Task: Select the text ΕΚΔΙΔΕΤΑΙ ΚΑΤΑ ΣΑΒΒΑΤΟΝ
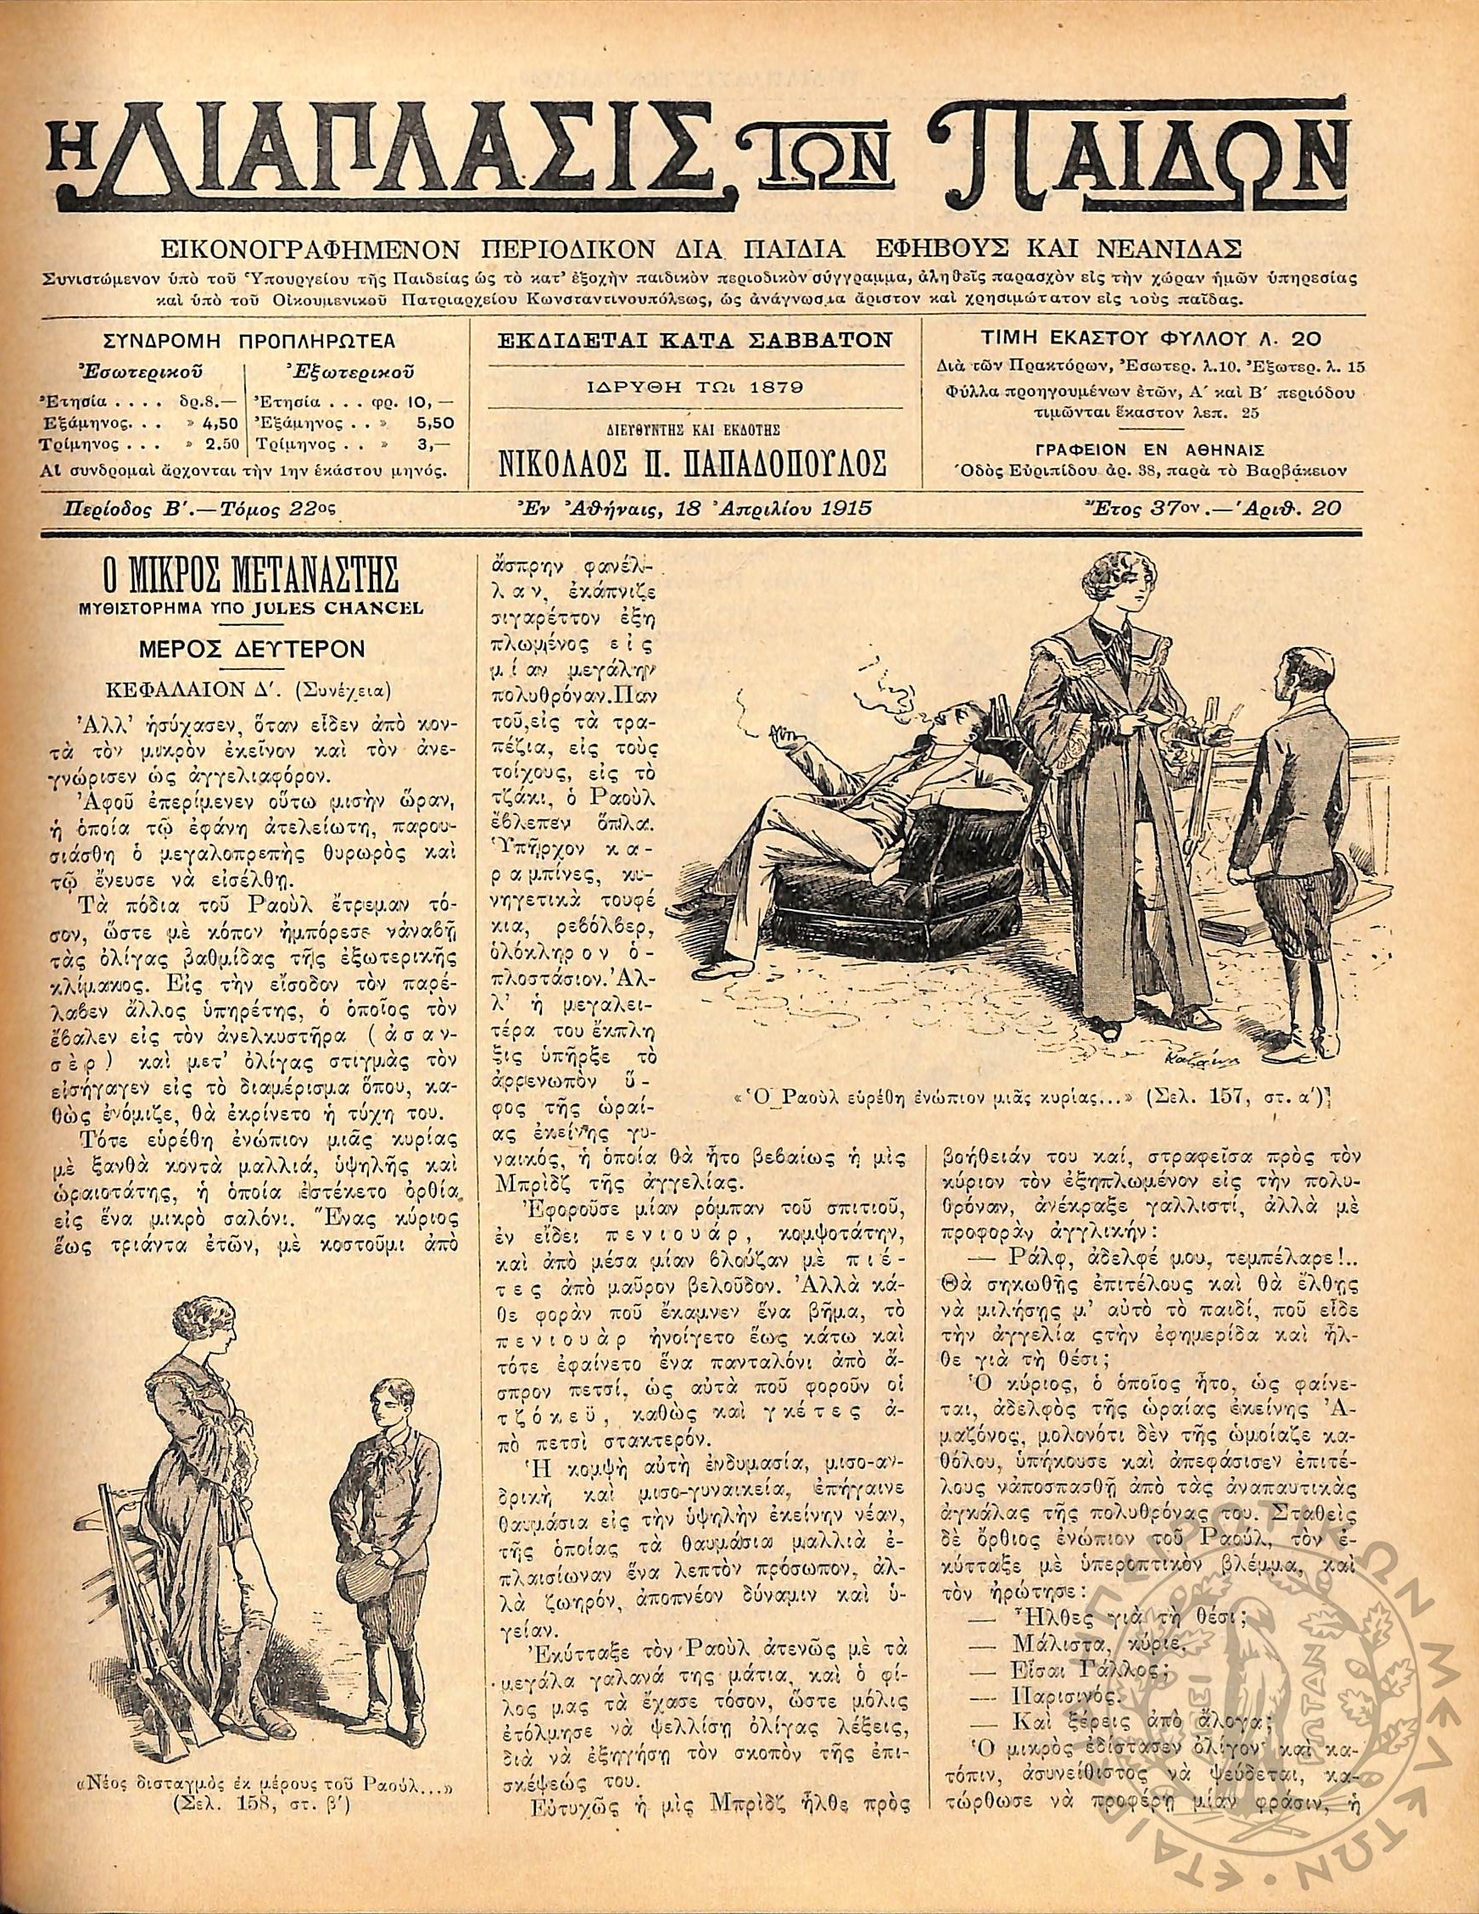point(695,338)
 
